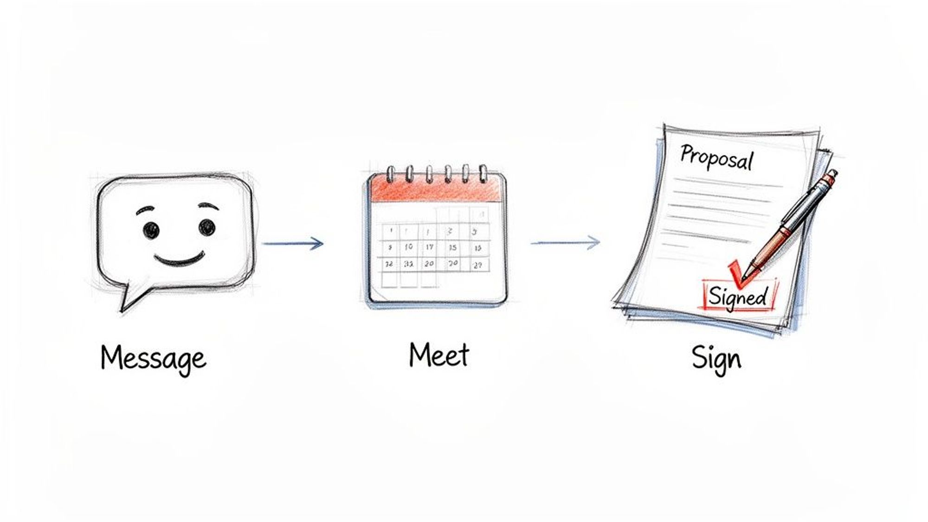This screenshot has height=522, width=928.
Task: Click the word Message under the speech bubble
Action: coord(153,358)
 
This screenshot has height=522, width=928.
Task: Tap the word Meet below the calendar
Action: coord(438,355)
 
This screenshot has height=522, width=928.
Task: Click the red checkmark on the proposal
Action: coord(738,274)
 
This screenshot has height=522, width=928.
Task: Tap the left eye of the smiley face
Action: coord(151,230)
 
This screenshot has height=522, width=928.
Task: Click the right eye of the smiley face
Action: coord(206,227)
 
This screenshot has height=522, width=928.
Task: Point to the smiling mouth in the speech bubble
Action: coord(180,260)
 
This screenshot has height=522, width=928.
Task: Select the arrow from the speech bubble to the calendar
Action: coord(293,243)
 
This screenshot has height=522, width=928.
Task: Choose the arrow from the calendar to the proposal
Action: coord(566,242)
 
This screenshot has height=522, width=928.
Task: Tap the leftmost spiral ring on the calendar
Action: coord(391,174)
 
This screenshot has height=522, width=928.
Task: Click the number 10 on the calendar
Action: coord(408,247)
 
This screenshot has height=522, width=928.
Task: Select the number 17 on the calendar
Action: coord(430,247)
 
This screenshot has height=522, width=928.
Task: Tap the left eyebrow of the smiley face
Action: coord(145,210)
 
